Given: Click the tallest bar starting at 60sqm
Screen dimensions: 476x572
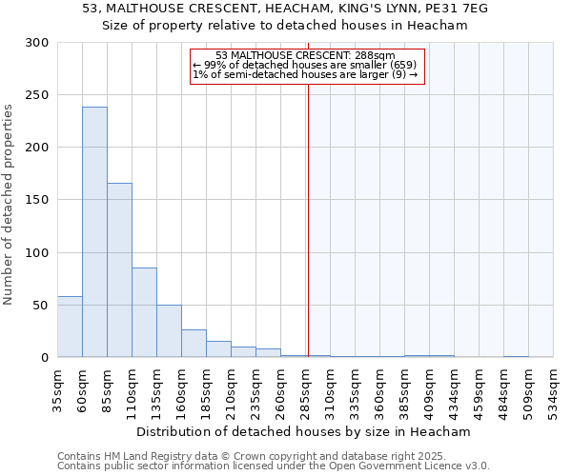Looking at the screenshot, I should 94,232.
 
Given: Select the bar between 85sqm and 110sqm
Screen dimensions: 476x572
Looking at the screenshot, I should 119,270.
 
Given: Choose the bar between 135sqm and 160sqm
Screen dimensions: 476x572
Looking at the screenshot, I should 169,331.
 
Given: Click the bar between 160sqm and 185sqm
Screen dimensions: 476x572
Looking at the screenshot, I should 194,344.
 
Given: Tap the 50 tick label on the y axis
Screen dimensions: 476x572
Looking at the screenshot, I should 40,306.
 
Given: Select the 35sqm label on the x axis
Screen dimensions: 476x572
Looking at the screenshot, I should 57,389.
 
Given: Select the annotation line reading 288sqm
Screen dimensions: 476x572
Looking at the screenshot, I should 305,56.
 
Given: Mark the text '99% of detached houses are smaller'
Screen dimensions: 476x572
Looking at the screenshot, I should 305,65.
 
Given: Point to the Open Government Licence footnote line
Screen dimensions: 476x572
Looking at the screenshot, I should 274,466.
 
